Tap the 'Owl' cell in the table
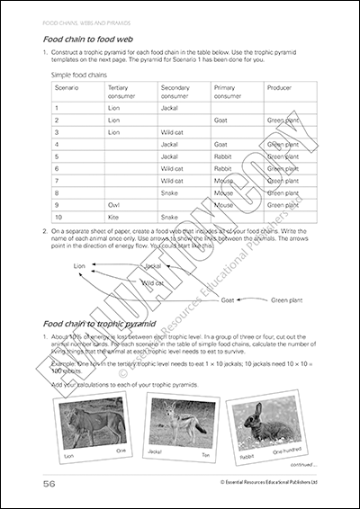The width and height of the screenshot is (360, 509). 113,205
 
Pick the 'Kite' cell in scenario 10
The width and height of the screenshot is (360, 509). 113,218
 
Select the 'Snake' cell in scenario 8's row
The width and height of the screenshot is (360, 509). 171,192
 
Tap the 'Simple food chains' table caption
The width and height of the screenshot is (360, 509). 77,75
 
